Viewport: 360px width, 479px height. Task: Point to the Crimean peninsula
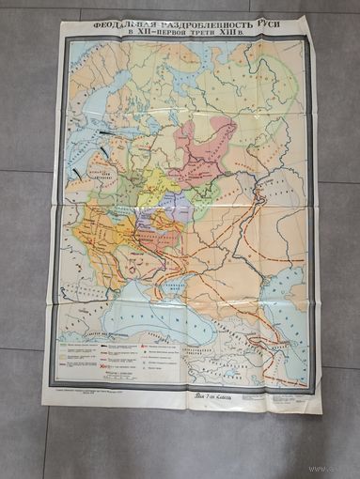pyautogui.click(x=174, y=287)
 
